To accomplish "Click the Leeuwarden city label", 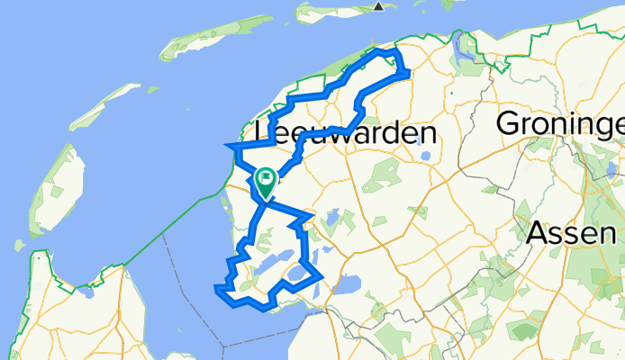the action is click(346, 133).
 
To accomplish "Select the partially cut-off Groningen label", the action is click(560, 122).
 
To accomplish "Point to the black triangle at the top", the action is click(379, 6).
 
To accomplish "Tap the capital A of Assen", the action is click(536, 233).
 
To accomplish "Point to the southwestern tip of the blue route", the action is click(217, 288).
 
